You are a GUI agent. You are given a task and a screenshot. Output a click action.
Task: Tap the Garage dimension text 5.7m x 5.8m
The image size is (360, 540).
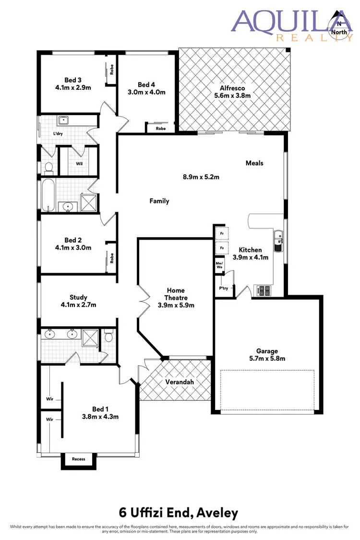[x=266, y=359]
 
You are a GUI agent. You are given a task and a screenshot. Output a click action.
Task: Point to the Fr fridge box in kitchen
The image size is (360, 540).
[x=221, y=234]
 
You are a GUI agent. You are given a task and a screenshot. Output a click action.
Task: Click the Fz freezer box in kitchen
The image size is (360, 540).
[x=221, y=249]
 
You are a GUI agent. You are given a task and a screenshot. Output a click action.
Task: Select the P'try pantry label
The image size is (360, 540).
[x=224, y=288]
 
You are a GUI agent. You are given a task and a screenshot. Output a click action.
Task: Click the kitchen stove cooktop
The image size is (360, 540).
[x=264, y=290]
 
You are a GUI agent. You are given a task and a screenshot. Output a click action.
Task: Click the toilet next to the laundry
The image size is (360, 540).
[x=48, y=168]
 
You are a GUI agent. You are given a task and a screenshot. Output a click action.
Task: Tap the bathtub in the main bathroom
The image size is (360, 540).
[x=48, y=195]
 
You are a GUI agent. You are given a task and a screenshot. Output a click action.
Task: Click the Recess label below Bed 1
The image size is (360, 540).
[x=78, y=459]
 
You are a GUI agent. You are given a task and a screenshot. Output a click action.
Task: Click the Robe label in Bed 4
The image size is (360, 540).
[x=160, y=128]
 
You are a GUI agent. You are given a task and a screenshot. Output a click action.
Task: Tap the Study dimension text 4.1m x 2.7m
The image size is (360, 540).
[x=78, y=305]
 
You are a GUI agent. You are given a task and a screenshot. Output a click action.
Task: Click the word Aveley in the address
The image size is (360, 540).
[x=216, y=513]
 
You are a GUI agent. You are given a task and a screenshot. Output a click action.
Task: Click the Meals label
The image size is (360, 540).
[x=254, y=163]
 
